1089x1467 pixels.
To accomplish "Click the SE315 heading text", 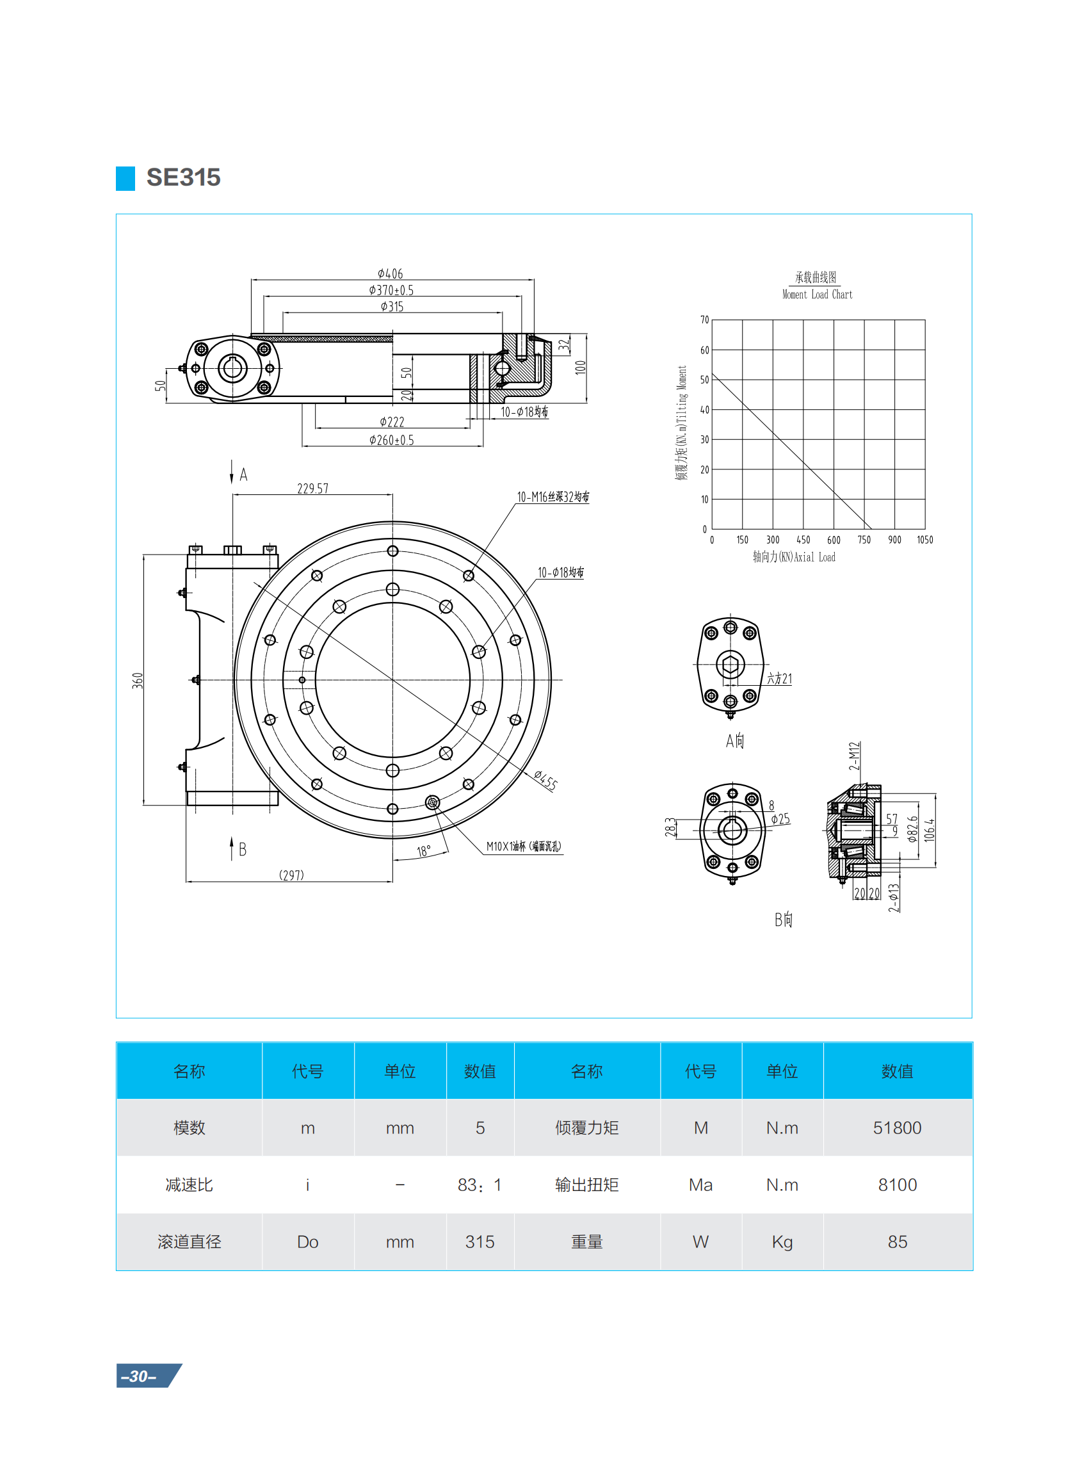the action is point(183,177).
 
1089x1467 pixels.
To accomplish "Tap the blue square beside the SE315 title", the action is point(125,178).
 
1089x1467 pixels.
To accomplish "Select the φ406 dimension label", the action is point(391,273).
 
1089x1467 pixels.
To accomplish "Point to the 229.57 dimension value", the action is point(312,489).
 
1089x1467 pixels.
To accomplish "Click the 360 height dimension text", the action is point(138,681).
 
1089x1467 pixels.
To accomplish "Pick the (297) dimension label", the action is point(291,875).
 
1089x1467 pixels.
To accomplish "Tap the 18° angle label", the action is point(423,851).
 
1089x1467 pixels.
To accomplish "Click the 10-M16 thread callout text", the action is point(553,496).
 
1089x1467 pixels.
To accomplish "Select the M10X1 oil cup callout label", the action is point(524,846).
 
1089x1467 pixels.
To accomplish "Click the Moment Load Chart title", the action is point(817,294).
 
